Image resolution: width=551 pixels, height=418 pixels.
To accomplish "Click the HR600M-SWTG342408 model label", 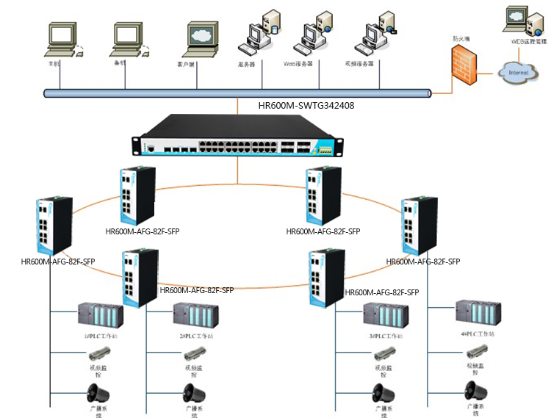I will coord(306,106).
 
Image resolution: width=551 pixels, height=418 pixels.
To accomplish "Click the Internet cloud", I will coord(519,73).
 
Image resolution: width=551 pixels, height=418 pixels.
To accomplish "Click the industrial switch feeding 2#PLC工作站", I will coord(138,273).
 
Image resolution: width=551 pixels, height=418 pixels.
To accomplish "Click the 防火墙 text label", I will coord(461,38).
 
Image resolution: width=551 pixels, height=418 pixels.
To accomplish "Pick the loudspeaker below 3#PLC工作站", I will coord(381,392).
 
